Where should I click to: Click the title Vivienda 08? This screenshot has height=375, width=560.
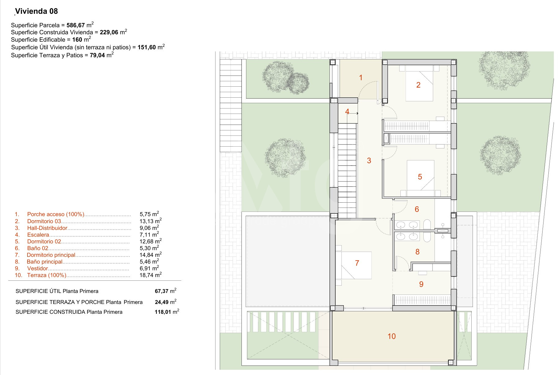[36, 11]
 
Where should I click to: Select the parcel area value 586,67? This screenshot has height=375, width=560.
[76, 25]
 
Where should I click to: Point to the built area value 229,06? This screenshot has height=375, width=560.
[109, 32]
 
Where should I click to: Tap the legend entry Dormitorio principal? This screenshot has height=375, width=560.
[51, 255]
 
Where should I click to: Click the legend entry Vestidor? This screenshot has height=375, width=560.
[38, 268]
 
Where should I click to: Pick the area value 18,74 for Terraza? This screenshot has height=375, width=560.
[146, 275]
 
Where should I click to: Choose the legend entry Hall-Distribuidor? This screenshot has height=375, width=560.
[47, 228]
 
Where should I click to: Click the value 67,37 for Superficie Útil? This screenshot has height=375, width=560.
[162, 291]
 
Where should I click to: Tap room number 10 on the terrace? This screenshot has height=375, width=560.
[392, 336]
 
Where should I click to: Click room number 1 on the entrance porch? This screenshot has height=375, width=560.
[361, 78]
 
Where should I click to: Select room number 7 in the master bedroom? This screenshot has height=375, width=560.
[357, 263]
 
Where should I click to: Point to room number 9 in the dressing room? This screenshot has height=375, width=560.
[421, 284]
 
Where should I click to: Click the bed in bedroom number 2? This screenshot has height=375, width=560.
[419, 83]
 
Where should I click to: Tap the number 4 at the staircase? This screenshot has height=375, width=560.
[347, 112]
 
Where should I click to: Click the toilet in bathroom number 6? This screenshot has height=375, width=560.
[427, 224]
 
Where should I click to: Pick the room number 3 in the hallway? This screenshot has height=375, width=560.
[369, 160]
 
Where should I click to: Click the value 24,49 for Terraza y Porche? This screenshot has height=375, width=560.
[162, 302]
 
